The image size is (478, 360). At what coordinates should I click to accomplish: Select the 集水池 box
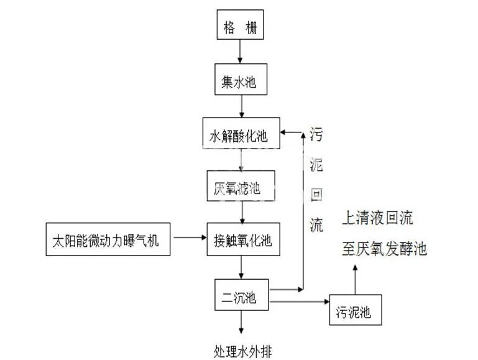239,80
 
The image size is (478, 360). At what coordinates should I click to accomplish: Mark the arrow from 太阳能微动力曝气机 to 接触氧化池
190,237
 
